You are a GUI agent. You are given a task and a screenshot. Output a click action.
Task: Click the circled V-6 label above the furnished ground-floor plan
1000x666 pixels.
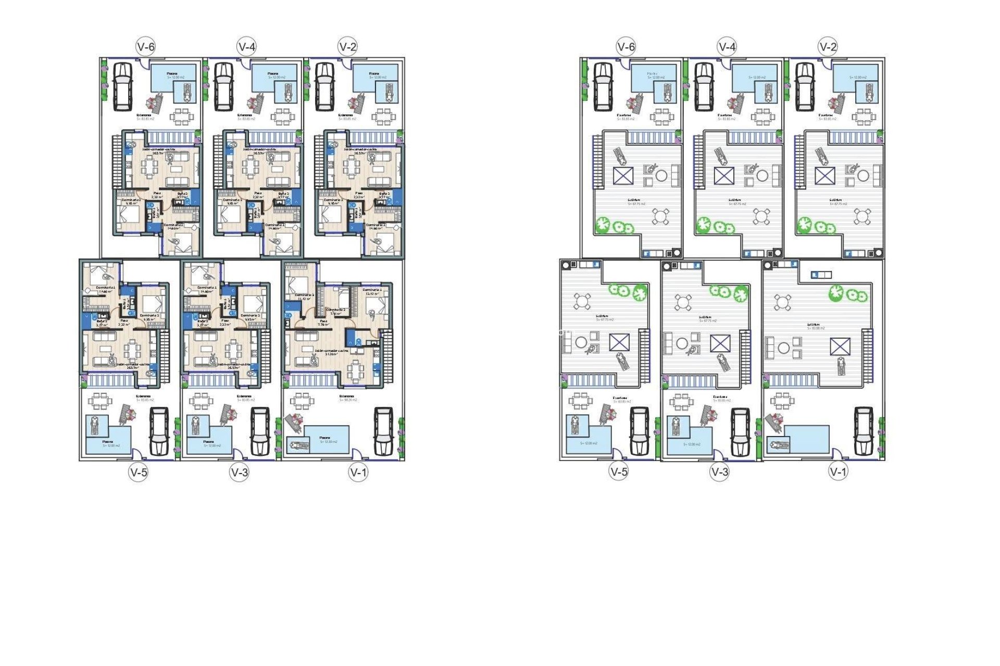(x=146, y=47)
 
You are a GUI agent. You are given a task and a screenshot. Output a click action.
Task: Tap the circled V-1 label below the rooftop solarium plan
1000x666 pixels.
(x=838, y=472)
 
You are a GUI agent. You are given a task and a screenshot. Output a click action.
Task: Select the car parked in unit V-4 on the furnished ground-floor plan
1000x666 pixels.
(x=223, y=86)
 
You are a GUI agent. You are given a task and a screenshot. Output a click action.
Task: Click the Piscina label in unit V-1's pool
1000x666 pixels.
(x=325, y=438)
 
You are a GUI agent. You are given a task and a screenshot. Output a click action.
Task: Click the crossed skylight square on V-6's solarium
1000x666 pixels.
(x=623, y=176)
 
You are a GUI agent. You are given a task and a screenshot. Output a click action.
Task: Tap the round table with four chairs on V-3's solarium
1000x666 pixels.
(x=683, y=302)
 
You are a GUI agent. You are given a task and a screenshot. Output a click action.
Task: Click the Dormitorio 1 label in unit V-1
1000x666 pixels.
(x=372, y=290)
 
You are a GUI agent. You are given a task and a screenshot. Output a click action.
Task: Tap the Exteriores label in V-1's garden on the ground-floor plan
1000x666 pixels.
(x=346, y=396)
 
